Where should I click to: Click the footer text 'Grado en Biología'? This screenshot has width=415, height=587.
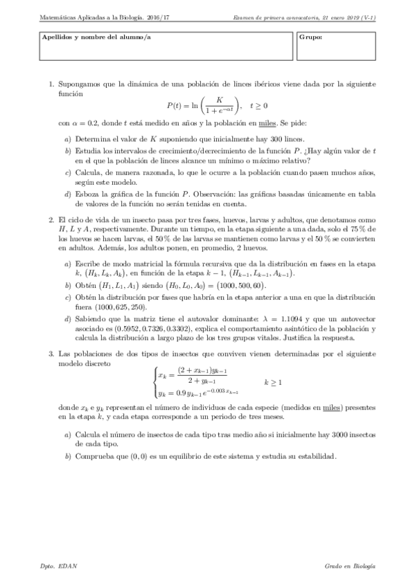click(350, 566)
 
